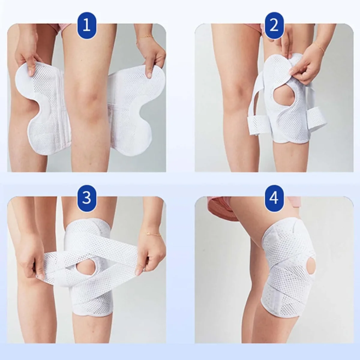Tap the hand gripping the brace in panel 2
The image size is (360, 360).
(306, 69)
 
